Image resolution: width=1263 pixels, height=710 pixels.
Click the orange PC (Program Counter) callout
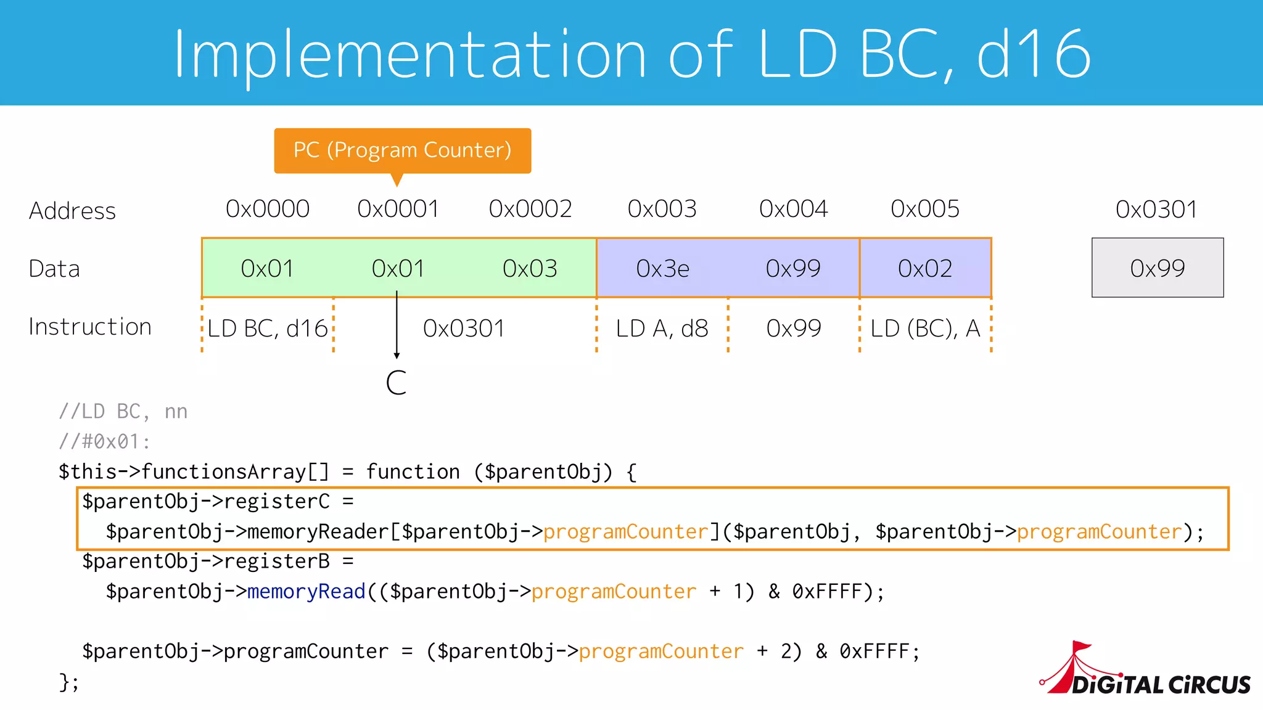[402, 150]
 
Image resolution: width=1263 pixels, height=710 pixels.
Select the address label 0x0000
[268, 209]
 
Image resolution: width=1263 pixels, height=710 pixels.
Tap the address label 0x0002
[530, 209]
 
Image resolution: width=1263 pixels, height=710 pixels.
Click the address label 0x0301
[1156, 210]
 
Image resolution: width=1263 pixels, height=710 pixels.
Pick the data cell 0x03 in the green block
[530, 268]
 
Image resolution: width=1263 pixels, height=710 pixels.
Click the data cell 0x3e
[662, 268]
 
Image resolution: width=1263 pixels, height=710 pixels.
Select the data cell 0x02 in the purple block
[925, 268]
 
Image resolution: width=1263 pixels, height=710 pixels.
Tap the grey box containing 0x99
[1158, 268]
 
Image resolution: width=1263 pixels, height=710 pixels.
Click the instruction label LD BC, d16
[268, 328]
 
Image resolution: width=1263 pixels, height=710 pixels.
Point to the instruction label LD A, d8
[662, 328]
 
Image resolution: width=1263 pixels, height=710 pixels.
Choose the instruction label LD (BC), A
[925, 328]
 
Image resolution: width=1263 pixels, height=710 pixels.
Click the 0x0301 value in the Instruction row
[464, 328]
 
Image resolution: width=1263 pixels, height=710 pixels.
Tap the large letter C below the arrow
[396, 383]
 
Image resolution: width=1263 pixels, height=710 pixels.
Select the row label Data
[54, 269]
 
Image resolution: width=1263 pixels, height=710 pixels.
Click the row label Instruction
[90, 327]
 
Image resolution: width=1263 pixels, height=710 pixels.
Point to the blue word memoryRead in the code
[306, 592]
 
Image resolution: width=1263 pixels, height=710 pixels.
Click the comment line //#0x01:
[104, 441]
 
